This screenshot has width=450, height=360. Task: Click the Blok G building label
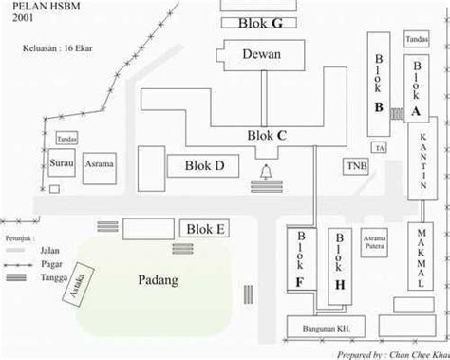(258, 23)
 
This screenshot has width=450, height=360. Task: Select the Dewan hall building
(261, 55)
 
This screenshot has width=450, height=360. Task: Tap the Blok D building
(208, 166)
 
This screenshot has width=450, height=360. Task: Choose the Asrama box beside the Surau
(100, 164)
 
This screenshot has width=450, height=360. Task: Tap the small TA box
(379, 149)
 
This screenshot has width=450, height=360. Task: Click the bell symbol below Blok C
(262, 172)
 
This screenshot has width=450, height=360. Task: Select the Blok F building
(300, 258)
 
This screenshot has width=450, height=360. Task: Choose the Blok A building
(416, 87)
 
